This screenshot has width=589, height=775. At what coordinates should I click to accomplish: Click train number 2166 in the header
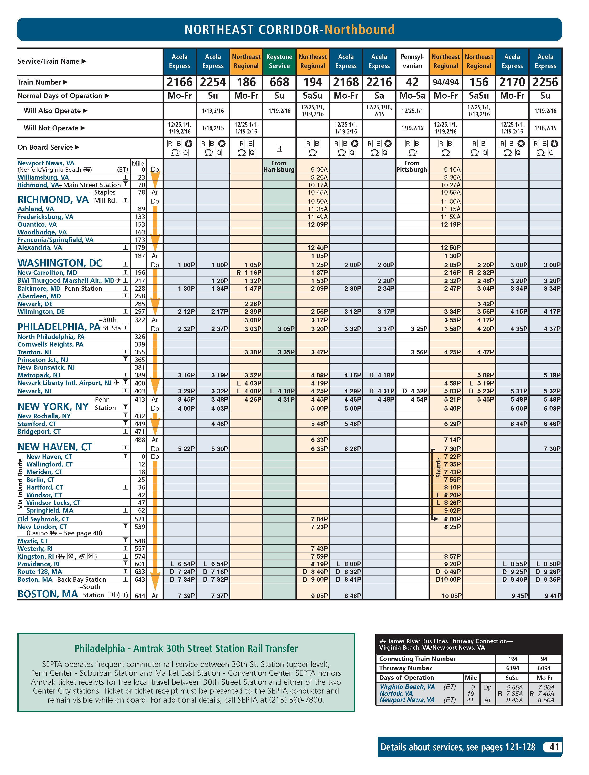[179, 82]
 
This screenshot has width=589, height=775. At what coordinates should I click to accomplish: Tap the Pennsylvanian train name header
[412, 61]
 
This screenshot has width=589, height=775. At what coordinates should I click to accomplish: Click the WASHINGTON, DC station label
[60, 263]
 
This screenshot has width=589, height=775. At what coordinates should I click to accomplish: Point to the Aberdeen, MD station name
[39, 296]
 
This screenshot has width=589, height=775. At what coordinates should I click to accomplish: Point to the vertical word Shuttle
[438, 467]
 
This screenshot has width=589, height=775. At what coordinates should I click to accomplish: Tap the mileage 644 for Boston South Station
[140, 596]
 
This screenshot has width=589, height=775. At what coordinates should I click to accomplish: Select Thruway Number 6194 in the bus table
[512, 668]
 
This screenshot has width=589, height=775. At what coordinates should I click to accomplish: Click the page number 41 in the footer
[554, 747]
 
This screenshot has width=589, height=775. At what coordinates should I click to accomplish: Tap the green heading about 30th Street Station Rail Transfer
[186, 648]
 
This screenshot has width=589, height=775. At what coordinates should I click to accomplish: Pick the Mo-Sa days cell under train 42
[412, 96]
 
